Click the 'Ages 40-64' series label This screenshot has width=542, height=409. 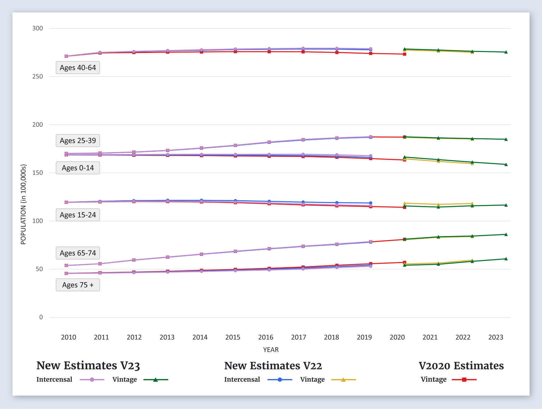pyautogui.click(x=78, y=68)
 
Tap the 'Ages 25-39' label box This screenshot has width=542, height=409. pyautogui.click(x=78, y=140)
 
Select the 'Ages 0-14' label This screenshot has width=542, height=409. pyautogui.click(x=78, y=168)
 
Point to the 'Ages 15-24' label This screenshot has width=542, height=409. pyautogui.click(x=78, y=215)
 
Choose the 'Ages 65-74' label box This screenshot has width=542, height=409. pyautogui.click(x=78, y=253)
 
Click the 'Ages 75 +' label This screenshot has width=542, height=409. pyautogui.click(x=78, y=285)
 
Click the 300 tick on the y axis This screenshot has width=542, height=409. pyautogui.click(x=38, y=28)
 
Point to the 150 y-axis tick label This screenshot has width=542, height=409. pyautogui.click(x=38, y=173)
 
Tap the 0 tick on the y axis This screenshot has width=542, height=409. pyautogui.click(x=41, y=317)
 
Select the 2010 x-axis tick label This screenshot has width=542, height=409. pyautogui.click(x=69, y=337)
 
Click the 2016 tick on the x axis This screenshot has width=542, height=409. pyautogui.click(x=266, y=337)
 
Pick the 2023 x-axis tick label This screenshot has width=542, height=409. pyautogui.click(x=496, y=337)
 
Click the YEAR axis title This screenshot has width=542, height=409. pyautogui.click(x=271, y=350)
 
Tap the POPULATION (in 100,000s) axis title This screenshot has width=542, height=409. pyautogui.click(x=23, y=204)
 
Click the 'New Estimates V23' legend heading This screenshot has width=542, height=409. pyautogui.click(x=88, y=366)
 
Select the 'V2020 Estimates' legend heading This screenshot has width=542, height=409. pyautogui.click(x=461, y=366)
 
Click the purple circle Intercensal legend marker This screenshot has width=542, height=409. pyautogui.click(x=92, y=380)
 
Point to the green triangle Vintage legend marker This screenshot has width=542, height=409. pyautogui.click(x=155, y=380)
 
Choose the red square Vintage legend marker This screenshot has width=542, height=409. pyautogui.click(x=464, y=380)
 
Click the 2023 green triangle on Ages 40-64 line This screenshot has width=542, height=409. pyautogui.click(x=506, y=52)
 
